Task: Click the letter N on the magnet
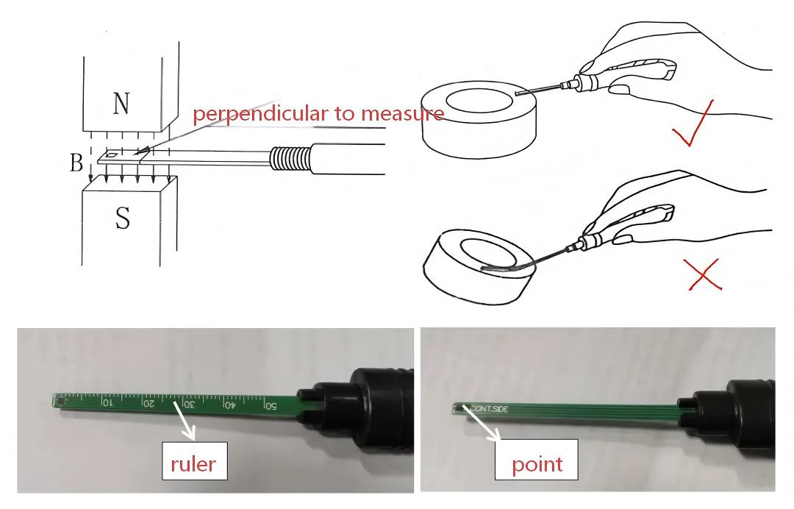[x=122, y=104]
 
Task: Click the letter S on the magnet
[x=122, y=218]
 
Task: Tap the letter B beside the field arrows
[x=76, y=163]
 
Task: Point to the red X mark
[x=703, y=275]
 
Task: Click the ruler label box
[x=194, y=463]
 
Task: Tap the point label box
[x=537, y=463]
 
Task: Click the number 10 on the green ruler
[x=107, y=402]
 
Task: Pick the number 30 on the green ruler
[x=188, y=404]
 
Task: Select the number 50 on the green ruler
[x=270, y=405]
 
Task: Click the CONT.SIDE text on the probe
[x=489, y=408]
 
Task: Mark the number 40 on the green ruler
[x=229, y=405]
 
